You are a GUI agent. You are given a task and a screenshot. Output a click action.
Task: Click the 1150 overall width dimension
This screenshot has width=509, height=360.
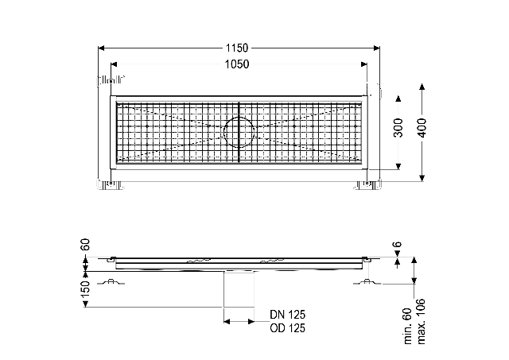click(237, 48)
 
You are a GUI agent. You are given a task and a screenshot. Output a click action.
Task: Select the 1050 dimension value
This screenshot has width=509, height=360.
click(237, 64)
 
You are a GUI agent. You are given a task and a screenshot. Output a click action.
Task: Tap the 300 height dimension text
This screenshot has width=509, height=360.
click(398, 128)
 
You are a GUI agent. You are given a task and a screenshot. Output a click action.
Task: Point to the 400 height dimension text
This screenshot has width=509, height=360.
click(422, 128)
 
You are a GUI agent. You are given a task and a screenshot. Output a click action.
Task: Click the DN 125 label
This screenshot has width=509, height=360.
click(288, 315)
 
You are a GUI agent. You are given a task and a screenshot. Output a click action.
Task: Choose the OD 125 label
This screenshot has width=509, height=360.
click(288, 328)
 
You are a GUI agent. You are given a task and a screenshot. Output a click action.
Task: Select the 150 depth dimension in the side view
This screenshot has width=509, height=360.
click(85, 289)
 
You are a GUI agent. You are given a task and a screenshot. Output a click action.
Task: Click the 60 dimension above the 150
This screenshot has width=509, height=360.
click(85, 245)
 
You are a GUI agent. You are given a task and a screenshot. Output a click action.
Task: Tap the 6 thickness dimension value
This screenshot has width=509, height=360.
click(398, 244)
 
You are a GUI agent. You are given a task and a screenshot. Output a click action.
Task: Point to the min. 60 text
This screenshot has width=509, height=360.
click(408, 326)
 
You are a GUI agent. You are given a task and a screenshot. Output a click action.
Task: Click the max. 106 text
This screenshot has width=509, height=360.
click(421, 321)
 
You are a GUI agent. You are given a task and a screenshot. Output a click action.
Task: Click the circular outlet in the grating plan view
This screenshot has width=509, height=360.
click(239, 132)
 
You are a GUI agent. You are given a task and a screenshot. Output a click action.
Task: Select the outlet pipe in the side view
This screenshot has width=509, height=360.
click(239, 289)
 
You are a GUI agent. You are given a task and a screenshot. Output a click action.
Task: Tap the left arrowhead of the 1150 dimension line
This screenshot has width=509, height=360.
click(101, 48)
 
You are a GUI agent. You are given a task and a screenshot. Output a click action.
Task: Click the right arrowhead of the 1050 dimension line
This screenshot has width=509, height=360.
click(364, 64)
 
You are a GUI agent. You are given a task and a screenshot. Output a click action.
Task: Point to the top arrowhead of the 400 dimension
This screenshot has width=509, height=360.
click(422, 87)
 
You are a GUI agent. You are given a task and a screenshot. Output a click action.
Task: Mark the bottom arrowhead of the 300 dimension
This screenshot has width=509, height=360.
click(398, 166)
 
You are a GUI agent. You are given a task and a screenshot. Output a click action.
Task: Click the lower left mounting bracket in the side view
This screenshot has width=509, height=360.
click(112, 282)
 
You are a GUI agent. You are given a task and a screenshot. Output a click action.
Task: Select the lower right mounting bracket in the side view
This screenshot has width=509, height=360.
click(367, 282)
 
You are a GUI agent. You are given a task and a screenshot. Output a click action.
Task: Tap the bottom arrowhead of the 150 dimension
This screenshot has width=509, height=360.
click(85, 304)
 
